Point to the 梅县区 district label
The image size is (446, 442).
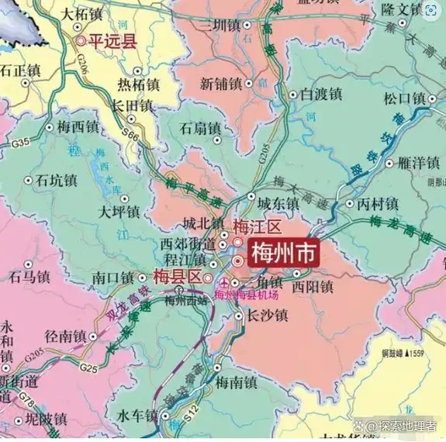pyautogui.click(x=177, y=277)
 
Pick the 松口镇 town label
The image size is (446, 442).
pyautogui.click(x=405, y=98)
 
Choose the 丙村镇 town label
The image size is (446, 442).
pyautogui.click(x=377, y=204)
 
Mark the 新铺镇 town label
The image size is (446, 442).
pyautogui.click(x=222, y=83)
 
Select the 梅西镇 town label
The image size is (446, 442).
pyautogui.click(x=78, y=126)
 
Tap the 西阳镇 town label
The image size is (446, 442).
pyautogui.click(x=313, y=287)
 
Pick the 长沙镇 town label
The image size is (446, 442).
pyautogui.click(x=266, y=316)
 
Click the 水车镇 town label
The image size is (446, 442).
pyautogui.click(x=140, y=416)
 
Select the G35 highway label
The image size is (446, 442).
pyautogui.click(x=20, y=142)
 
